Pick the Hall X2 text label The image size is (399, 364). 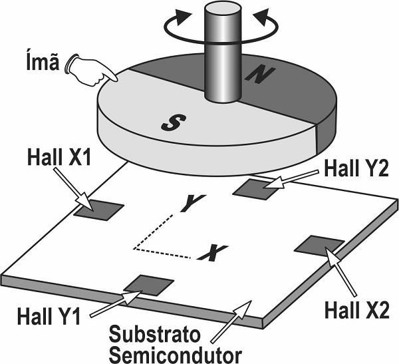[x=350, y=308]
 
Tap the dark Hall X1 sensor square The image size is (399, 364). [x=99, y=210]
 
